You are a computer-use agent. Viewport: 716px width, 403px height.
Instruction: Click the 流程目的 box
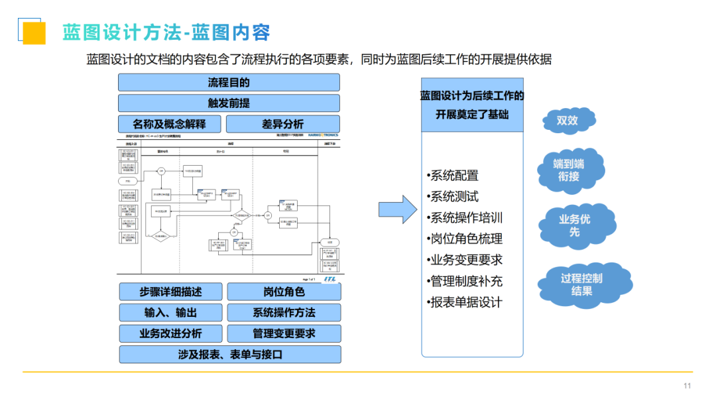pyautogui.click(x=229, y=82)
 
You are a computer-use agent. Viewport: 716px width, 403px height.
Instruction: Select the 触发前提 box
pyautogui.click(x=229, y=103)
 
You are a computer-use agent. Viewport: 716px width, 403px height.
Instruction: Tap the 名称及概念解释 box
pyautogui.click(x=170, y=124)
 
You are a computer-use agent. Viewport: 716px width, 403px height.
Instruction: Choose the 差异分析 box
pyautogui.click(x=283, y=124)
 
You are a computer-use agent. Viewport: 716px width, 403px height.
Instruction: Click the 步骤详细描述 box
pyautogui.click(x=170, y=292)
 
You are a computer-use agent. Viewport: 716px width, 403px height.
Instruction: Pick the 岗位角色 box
pyautogui.click(x=284, y=292)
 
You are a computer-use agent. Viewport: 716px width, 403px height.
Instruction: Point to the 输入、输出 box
pyautogui.click(x=170, y=312)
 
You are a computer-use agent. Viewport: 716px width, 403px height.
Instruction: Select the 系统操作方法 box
pyautogui.click(x=284, y=312)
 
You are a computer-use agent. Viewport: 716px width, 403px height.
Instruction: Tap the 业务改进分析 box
pyautogui.click(x=170, y=333)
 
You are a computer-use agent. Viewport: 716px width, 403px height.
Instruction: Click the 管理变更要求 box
pyautogui.click(x=284, y=333)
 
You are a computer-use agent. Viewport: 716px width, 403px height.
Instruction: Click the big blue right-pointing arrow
pyautogui.click(x=397, y=209)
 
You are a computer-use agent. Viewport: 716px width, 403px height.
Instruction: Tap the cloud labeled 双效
pyautogui.click(x=567, y=121)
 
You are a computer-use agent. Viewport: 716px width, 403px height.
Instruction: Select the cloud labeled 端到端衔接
pyautogui.click(x=569, y=170)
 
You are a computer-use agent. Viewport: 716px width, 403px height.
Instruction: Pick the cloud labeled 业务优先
pyautogui.click(x=575, y=225)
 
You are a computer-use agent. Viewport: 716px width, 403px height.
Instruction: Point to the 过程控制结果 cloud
pyautogui.click(x=581, y=284)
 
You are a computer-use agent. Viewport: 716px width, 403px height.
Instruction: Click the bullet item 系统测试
pyautogui.click(x=454, y=197)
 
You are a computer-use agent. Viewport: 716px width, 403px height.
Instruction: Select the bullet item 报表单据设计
pyautogui.click(x=466, y=302)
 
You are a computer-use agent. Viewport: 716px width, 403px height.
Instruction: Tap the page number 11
pyautogui.click(x=687, y=386)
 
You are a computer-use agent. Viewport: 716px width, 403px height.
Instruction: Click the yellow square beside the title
pyautogui.click(x=34, y=32)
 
